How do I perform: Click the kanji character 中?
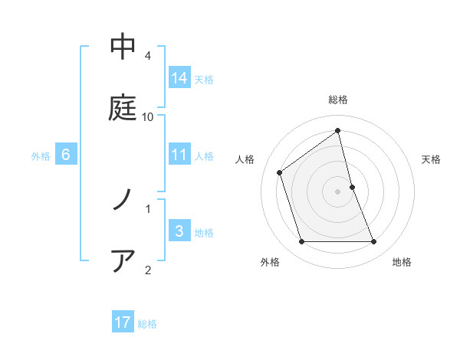click(123, 47)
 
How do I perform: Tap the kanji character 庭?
click(123, 108)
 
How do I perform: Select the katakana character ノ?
click(123, 200)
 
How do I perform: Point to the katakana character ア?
click(123, 260)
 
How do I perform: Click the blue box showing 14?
click(179, 77)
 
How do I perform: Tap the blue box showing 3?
click(179, 231)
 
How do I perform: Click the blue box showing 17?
click(123, 322)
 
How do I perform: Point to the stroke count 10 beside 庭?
click(148, 117)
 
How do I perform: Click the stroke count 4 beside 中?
click(148, 56)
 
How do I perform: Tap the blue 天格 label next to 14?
click(204, 79)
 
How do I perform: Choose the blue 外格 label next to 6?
click(41, 156)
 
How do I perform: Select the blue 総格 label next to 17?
click(147, 324)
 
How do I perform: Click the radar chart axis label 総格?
click(338, 100)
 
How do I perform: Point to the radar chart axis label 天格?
click(431, 159)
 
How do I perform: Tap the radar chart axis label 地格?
click(402, 262)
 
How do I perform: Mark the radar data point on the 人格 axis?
click(280, 172)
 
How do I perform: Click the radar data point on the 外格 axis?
click(301, 242)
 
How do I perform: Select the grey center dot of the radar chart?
click(338, 191)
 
